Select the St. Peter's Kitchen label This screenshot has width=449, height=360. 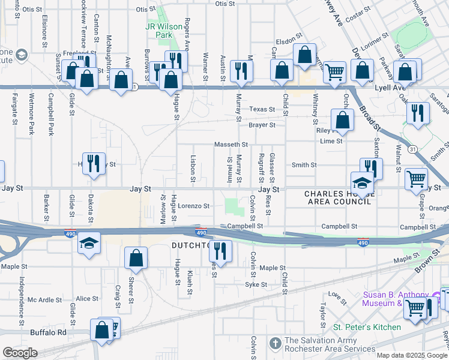pos(367,327)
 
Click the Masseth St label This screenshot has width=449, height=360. pos(232,145)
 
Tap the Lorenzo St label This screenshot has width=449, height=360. pos(193,206)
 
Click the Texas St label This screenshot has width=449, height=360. pos(262,110)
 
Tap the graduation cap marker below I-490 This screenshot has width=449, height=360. pos(89,243)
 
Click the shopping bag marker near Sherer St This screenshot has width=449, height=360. pos(136,258)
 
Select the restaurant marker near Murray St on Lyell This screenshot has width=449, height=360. pos(241,70)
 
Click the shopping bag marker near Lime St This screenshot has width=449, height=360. pos(342,121)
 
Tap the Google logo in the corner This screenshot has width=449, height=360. pos(19,353)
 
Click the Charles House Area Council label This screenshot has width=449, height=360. pos(337,197)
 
